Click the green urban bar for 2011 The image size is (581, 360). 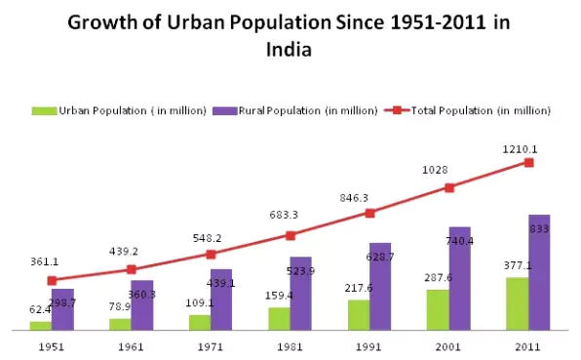tap(518, 303)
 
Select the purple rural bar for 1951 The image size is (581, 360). tap(62, 309)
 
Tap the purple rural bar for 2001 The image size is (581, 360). tap(461, 278)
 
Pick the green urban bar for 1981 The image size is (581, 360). tap(279, 319)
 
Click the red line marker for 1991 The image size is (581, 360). tap(369, 213)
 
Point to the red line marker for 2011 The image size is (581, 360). tap(529, 162)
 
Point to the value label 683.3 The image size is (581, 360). tap(290, 216)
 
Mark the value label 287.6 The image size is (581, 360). tap(439, 279)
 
